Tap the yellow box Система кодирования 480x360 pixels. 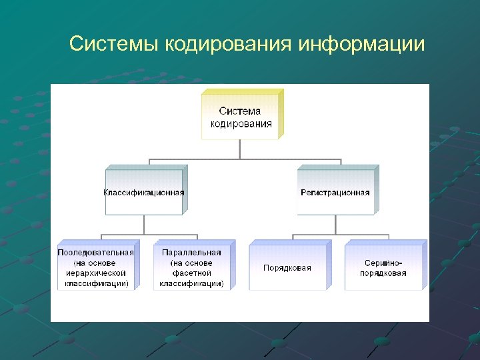tap(241, 117)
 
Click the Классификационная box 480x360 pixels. tap(144, 192)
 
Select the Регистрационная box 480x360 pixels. tap(335, 192)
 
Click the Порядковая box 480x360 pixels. tap(287, 267)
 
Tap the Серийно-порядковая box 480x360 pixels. tap(383, 267)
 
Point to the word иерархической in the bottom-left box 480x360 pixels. tap(97, 273)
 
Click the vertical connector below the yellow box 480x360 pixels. tap(241, 149)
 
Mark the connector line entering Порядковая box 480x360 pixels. tap(293, 239)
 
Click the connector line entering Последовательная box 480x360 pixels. tap(101, 239)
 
